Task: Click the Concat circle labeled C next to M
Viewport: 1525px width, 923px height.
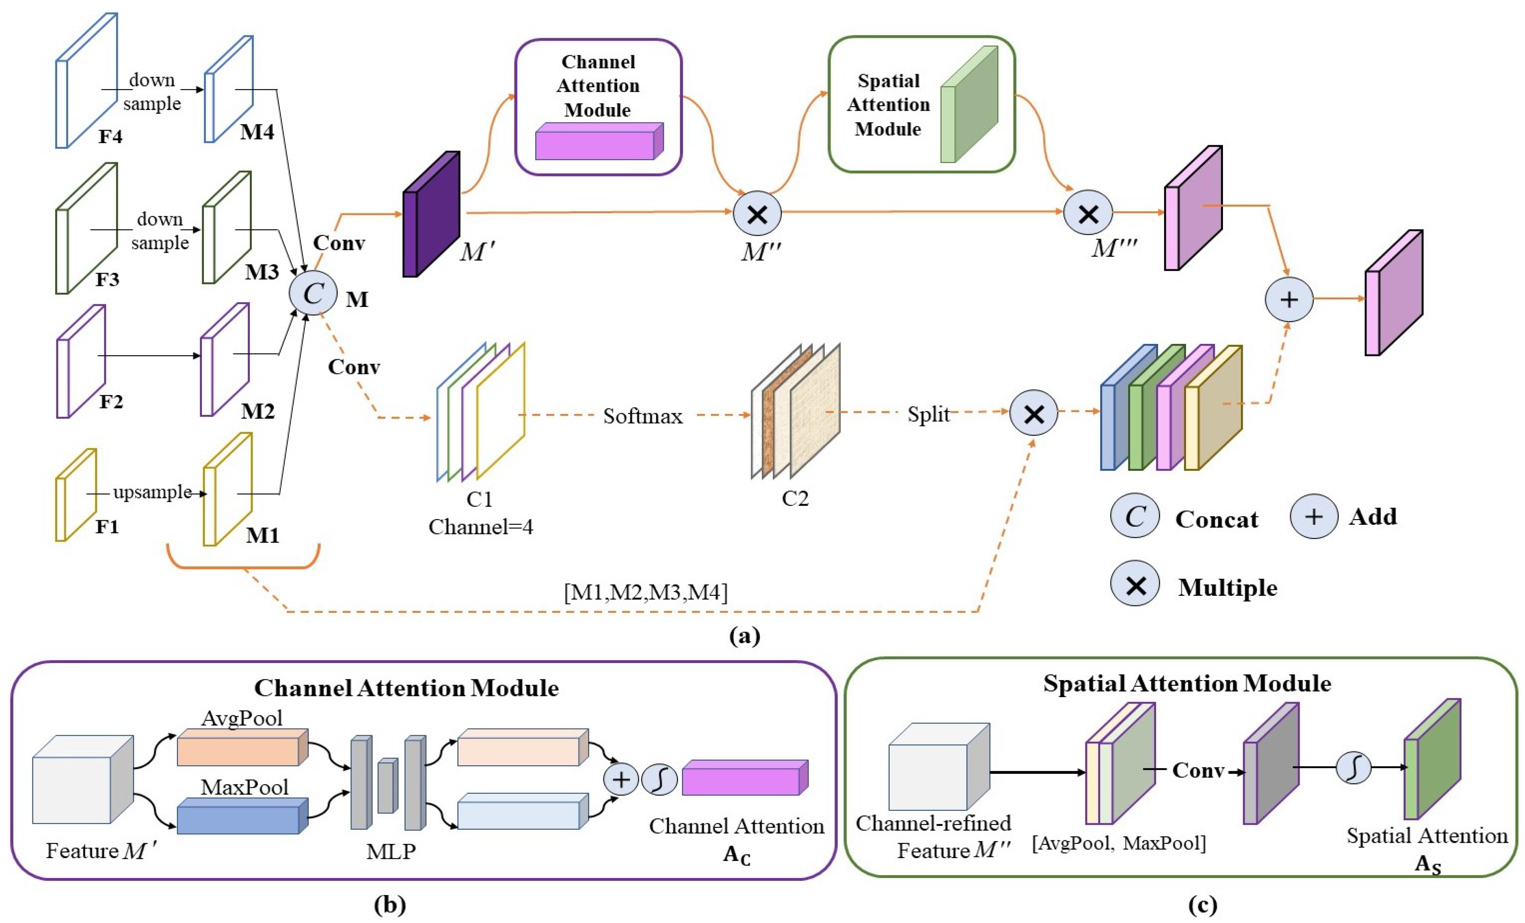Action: point(313,294)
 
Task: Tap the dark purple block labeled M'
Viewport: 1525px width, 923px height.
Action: point(431,214)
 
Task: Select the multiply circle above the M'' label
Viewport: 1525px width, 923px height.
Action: point(757,214)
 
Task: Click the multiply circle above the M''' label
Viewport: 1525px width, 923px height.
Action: point(1088,214)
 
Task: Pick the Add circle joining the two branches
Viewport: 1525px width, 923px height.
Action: point(1289,300)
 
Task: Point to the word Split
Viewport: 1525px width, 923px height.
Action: point(928,414)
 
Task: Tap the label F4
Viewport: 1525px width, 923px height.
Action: point(110,136)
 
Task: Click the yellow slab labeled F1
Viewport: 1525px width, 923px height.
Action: point(75,495)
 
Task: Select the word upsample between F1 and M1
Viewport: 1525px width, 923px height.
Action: point(152,492)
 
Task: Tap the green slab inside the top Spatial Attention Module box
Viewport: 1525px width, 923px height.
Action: point(969,105)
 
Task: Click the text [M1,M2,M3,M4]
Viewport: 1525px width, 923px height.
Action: point(646,592)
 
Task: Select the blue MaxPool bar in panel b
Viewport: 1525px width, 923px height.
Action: point(241,816)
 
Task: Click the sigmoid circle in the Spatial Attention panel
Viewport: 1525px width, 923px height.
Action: point(1353,768)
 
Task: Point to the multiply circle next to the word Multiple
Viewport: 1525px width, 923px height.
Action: point(1135,583)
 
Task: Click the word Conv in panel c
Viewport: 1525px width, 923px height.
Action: point(1198,771)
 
